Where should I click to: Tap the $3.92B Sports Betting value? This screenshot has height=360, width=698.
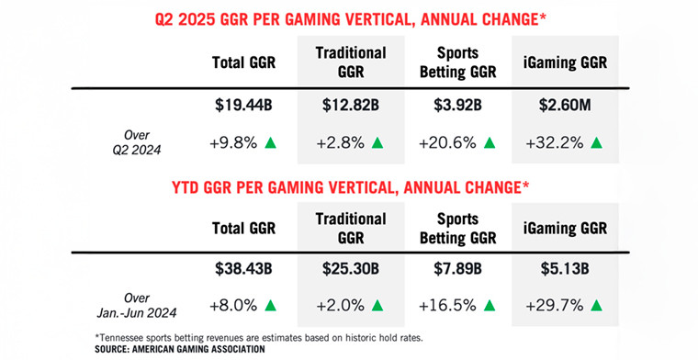pyautogui.click(x=464, y=107)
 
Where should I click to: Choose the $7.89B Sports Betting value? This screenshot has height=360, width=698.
pyautogui.click(x=464, y=270)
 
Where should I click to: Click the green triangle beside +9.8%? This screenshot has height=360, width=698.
pyautogui.click(x=270, y=142)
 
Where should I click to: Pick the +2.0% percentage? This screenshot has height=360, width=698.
pyautogui.click(x=340, y=305)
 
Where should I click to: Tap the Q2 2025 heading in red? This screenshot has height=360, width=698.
pyautogui.click(x=350, y=17)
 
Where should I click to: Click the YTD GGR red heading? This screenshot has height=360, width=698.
pyautogui.click(x=350, y=190)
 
